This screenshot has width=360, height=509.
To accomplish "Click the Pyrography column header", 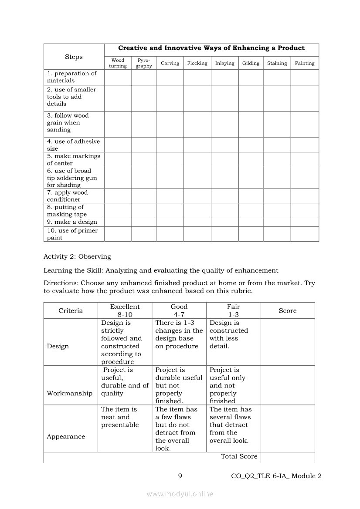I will (x=143, y=63).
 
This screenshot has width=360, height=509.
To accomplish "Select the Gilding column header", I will (x=251, y=63).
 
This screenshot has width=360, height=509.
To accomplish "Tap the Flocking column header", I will (x=197, y=63).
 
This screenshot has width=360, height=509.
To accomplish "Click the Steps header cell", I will (x=74, y=57).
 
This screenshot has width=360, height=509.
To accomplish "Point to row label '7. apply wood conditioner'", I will (x=68, y=196).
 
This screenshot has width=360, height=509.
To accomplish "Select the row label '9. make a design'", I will (x=72, y=222).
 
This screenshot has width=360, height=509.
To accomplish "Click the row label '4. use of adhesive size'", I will (x=73, y=145).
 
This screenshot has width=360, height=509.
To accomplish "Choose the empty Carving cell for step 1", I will (x=170, y=77).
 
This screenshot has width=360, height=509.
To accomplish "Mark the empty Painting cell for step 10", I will (x=305, y=234).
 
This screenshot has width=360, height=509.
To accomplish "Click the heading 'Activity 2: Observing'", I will (x=77, y=256).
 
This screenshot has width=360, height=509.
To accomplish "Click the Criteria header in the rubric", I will (x=71, y=310).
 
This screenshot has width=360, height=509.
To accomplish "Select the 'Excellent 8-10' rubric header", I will (x=125, y=310).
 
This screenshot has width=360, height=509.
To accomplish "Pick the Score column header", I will (x=288, y=310).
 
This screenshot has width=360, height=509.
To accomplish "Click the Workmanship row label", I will (x=70, y=393).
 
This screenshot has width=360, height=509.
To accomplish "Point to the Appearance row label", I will (x=66, y=437).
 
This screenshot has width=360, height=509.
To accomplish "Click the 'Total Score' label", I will (x=239, y=456).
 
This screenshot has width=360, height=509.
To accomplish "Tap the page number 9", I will (x=180, y=476).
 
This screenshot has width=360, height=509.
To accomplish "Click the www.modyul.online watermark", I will (x=180, y=494).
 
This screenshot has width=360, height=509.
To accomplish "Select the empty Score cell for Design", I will (x=288, y=342).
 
